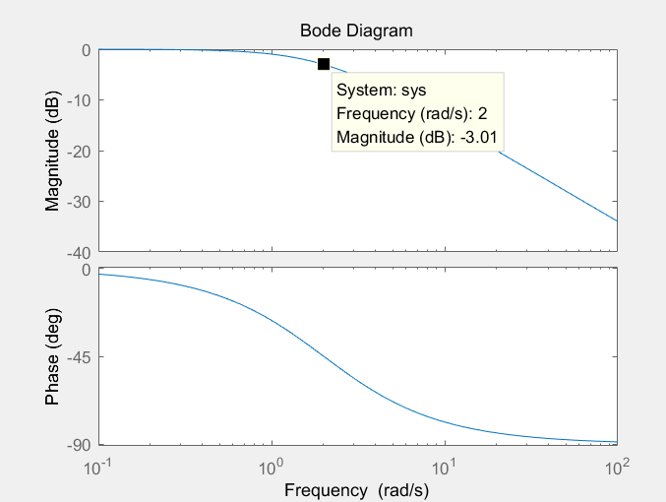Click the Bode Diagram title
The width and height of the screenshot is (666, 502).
click(356, 31)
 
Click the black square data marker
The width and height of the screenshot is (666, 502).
click(324, 64)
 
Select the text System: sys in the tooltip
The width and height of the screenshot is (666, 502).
click(380, 90)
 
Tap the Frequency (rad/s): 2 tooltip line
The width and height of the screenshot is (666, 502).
click(411, 113)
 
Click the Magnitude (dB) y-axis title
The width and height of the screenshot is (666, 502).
click(53, 152)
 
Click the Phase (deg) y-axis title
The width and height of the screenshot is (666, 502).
click(53, 356)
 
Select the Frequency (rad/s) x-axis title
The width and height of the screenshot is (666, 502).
click(356, 489)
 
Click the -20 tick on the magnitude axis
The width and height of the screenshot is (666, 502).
click(79, 151)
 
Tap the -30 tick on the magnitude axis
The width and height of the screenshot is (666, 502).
click(79, 202)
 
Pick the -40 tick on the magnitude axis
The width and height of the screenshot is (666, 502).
click(79, 253)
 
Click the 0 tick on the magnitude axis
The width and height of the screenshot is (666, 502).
click(87, 49)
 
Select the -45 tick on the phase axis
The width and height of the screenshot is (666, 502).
click(79, 357)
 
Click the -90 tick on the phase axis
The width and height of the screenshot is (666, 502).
click(79, 445)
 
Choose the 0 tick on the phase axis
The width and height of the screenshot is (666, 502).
click(87, 270)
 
